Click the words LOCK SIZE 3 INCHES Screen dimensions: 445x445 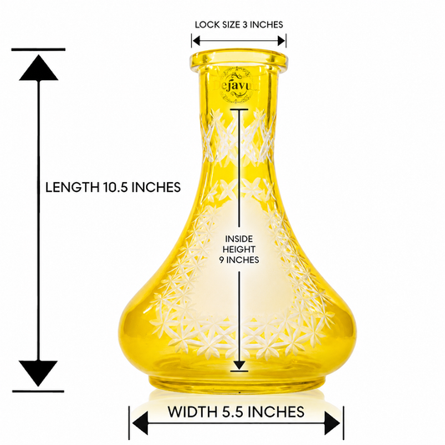[x=239, y=25]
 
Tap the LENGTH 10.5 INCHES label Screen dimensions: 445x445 [x=113, y=187]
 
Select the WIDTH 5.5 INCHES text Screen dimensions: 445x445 [x=235, y=412]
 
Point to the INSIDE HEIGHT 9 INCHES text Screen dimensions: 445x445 [x=239, y=249]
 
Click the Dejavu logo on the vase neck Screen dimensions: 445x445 [x=236, y=85]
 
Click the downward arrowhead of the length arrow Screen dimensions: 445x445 [x=38, y=373]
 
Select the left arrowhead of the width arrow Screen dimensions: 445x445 [x=140, y=424]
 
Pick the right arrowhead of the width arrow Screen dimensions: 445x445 [x=332, y=423]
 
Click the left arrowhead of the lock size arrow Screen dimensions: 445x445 [x=196, y=41]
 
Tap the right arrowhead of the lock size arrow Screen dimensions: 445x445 [x=281, y=41]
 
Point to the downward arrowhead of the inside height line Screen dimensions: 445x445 [x=239, y=365]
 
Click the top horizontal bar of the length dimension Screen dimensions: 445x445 [x=38, y=49]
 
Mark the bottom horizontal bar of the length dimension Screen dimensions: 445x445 [x=38, y=392]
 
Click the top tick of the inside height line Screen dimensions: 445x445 [x=239, y=109]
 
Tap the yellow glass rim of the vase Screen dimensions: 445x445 [x=239, y=60]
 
